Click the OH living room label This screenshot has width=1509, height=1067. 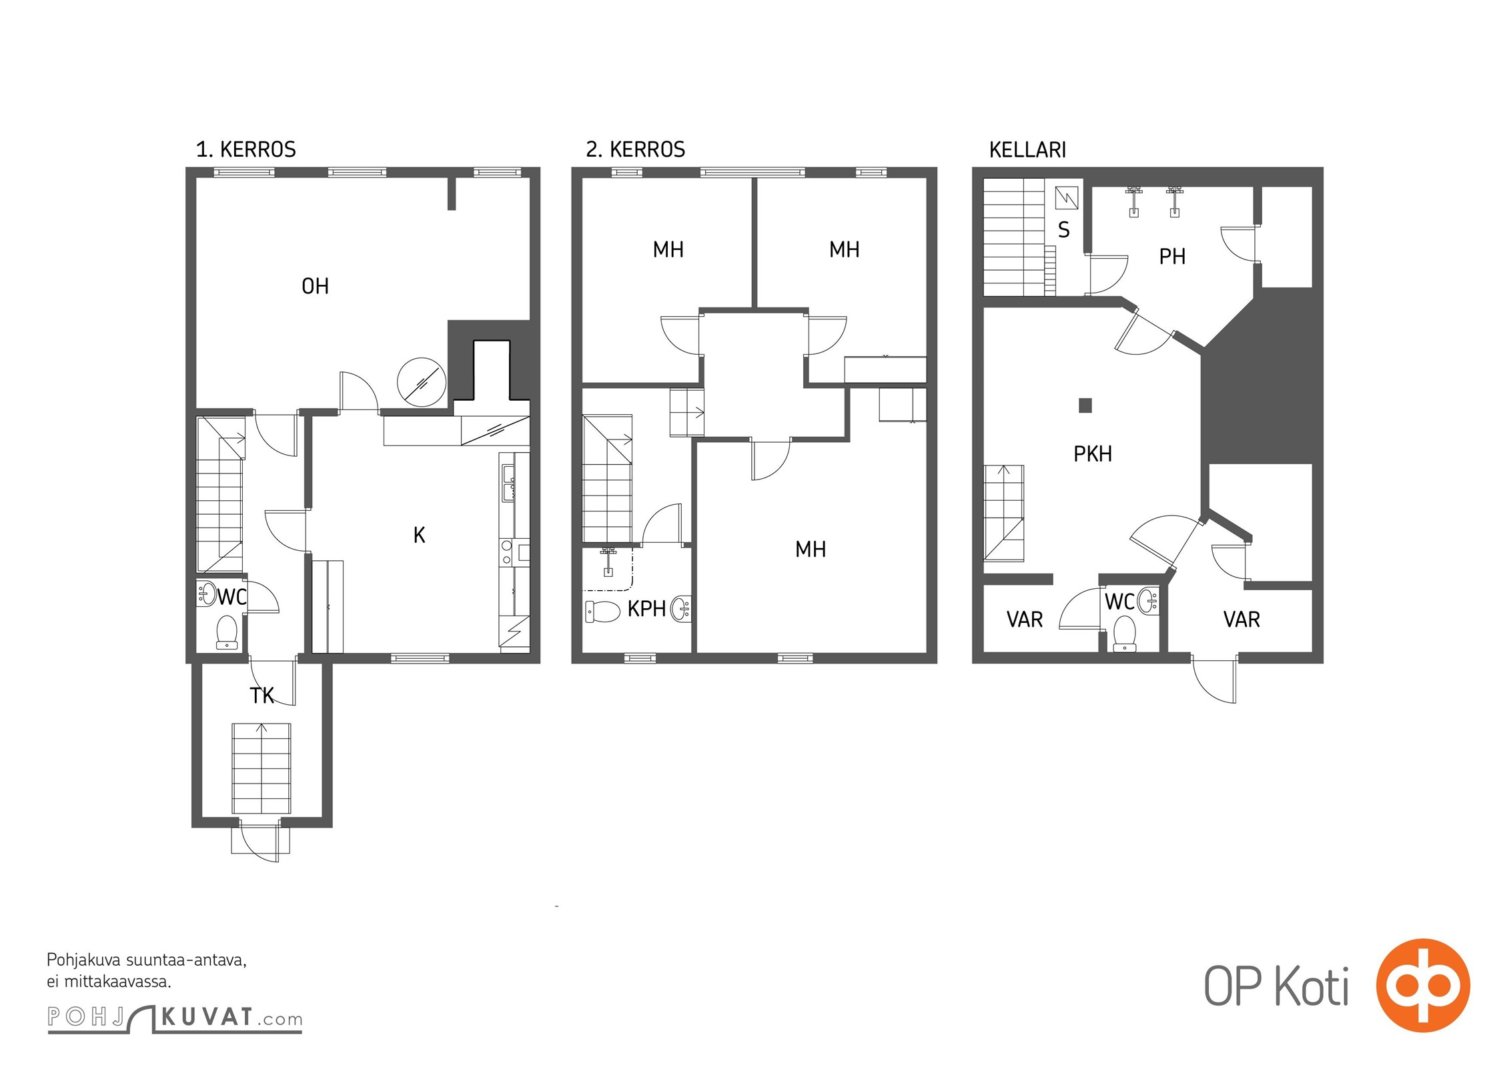pos(315,286)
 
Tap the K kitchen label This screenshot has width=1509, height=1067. pos(419,535)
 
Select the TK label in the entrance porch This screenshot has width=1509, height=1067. pos(262,696)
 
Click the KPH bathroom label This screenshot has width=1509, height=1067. pos(646,608)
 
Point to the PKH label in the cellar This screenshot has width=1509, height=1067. pos(1093,454)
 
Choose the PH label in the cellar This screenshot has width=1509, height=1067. pos(1172,257)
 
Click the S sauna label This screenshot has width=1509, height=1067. pos(1064,230)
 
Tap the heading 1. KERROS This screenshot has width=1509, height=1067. pos(245,149)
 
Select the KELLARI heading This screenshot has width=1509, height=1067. pos(1027,150)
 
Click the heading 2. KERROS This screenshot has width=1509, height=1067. pos(635,149)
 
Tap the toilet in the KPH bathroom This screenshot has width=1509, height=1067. pos(602,611)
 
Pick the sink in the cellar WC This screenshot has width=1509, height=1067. pos(1148,601)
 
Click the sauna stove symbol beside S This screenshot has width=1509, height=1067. pos(1067,198)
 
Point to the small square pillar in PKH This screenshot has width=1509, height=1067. pos(1085,405)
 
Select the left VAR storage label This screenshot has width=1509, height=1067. pos(1024,620)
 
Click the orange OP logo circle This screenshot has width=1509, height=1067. pos(1423,985)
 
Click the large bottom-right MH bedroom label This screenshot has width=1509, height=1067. pos(811,550)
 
